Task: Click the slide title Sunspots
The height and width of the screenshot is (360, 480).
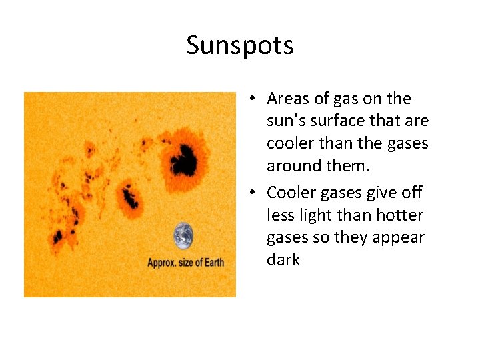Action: point(239,45)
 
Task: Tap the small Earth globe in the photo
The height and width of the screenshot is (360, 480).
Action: point(183,236)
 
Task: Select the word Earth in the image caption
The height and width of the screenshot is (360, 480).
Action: point(211,262)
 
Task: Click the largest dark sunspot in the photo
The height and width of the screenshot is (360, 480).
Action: point(182,160)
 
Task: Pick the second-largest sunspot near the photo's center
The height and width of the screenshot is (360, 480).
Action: point(130,198)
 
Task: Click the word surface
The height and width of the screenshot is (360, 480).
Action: point(344,121)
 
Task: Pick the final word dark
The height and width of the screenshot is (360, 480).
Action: point(283,260)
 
